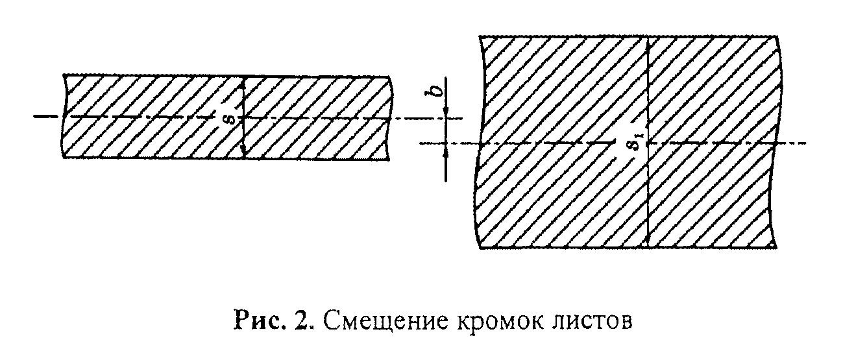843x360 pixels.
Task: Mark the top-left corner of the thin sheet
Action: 64,75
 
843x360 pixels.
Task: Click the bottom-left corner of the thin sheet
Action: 64,158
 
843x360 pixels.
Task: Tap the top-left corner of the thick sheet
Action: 479,36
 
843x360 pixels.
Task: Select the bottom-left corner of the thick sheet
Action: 479,248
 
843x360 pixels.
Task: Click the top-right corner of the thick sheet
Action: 778,36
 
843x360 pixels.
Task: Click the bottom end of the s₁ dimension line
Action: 648,247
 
